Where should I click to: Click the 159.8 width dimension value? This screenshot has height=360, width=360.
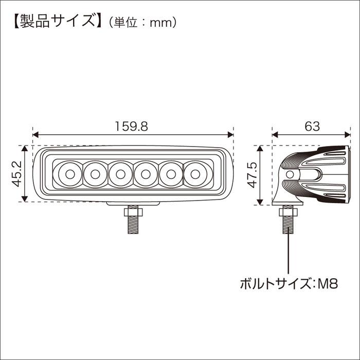[x=131, y=127]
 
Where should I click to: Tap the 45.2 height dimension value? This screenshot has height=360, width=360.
[x=17, y=174]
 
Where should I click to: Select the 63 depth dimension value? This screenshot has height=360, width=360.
[x=312, y=127]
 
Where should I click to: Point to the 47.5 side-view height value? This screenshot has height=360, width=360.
[x=253, y=175]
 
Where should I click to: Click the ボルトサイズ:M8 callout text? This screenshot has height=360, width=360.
[x=289, y=284]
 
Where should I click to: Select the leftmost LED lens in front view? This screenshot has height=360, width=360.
[x=70, y=174]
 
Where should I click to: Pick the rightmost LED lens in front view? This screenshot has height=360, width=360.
[x=195, y=174]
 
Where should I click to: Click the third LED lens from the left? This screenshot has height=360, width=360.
[x=120, y=174]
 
